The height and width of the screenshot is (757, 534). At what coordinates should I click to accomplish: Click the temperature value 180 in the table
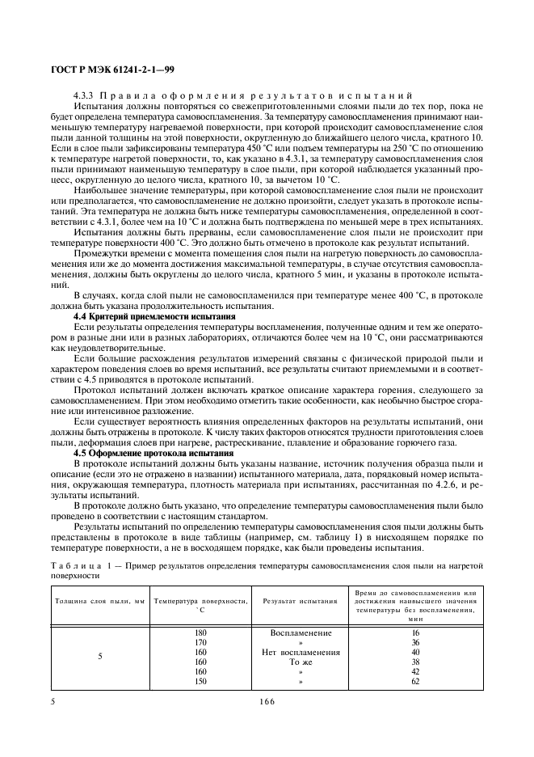201,632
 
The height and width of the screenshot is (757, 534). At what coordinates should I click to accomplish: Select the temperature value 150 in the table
201,681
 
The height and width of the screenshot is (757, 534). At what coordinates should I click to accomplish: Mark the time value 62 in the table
416,681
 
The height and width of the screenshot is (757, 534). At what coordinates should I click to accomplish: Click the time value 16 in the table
416,632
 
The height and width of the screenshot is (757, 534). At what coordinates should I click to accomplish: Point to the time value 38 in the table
416,662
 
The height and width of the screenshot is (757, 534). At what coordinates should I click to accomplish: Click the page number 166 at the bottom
267,702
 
